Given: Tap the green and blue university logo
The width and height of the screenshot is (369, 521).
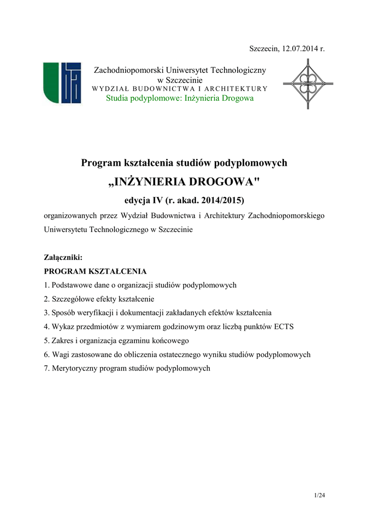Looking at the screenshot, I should click(62, 82).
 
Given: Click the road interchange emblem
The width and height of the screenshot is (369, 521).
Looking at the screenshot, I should click(307, 83).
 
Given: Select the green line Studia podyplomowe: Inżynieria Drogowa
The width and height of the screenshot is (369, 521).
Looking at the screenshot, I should click(180, 98).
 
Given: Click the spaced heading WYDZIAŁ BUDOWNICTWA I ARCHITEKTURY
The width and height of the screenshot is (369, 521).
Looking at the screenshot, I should click(180, 89).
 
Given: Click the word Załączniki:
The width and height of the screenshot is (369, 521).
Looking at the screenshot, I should click(63, 258).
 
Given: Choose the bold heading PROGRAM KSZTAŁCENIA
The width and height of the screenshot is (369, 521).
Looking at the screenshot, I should click(95, 271).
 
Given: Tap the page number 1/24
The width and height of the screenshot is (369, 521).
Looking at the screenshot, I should click(319, 495).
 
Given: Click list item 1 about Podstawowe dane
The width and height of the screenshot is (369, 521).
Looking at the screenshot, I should click(140, 285).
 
